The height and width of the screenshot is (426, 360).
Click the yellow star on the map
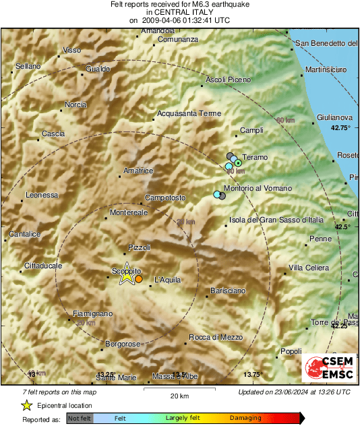click(x=126, y=274)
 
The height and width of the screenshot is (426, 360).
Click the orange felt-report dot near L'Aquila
click(x=139, y=278)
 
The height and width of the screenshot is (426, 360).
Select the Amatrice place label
click(x=139, y=171)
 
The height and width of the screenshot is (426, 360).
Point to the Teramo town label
click(x=255, y=157)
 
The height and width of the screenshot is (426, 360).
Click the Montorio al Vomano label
click(x=258, y=188)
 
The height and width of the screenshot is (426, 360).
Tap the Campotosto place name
click(x=166, y=198)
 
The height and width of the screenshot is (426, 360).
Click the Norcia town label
click(x=76, y=104)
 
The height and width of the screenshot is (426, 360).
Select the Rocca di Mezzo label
click(x=215, y=337)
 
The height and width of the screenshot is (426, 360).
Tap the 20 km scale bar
click(x=179, y=389)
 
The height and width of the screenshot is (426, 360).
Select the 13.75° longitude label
click(x=252, y=375)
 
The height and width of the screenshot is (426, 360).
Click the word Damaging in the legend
click(x=245, y=418)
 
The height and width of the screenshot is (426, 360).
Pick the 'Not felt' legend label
click(x=80, y=419)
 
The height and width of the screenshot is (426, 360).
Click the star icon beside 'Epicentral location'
click(x=26, y=405)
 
